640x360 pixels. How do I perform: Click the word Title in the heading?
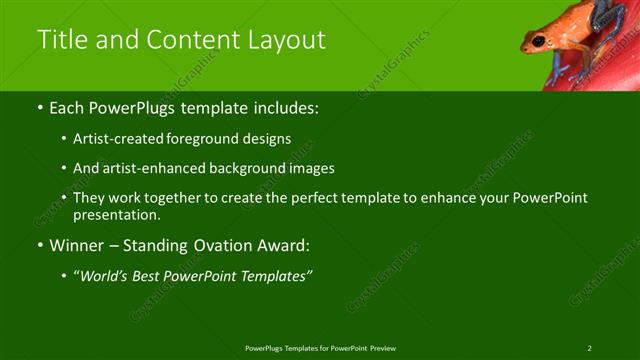pos(61,40)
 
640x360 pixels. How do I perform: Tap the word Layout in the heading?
pos(286,40)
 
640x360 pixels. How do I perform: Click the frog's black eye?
pos(539,41)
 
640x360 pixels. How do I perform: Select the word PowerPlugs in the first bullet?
pos(129,106)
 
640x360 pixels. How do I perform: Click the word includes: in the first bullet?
pos(283,106)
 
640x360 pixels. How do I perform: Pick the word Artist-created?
pos(114,139)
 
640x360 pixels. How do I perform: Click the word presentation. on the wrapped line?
pos(117,215)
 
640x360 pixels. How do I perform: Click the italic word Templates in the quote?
pos(275,276)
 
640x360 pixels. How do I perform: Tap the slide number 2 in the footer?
pos(589,348)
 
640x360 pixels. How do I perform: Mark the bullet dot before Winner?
pos(40,246)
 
